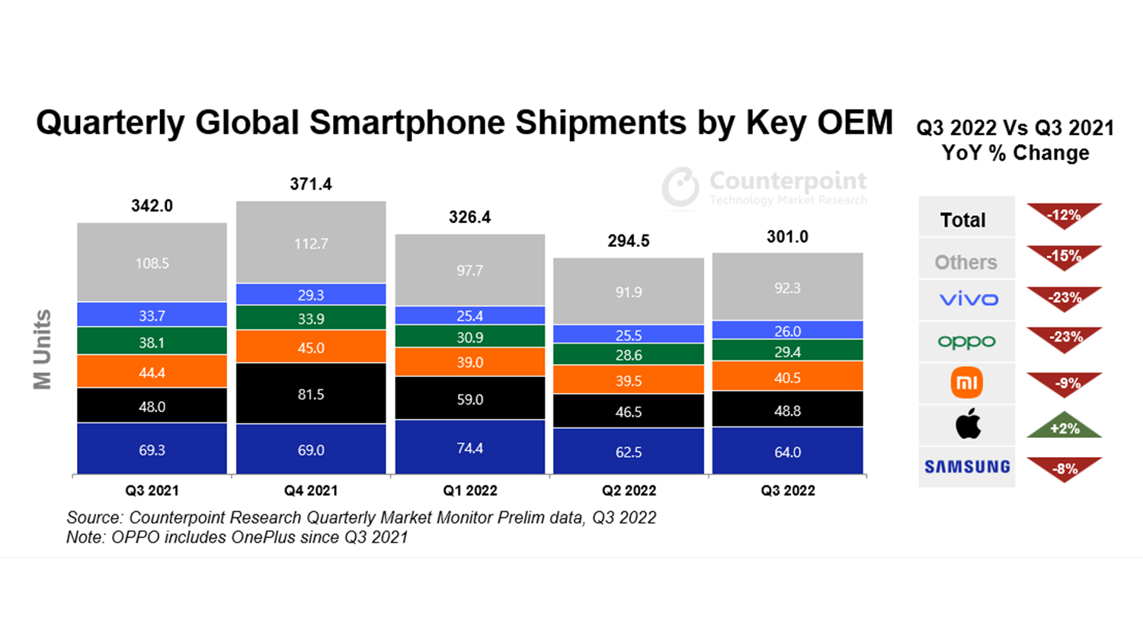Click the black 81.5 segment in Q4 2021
311,394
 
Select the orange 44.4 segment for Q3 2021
152,372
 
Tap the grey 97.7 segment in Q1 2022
469,270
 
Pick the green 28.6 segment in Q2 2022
629,354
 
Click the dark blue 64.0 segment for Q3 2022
787,451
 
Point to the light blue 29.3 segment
311,295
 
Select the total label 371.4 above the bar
311,184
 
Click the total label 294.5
629,242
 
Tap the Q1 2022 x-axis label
469,491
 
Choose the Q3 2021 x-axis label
152,491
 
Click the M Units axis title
43,350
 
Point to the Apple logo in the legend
968,424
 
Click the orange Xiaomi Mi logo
967,382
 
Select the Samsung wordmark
967,467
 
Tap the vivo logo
968,299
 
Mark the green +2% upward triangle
1065,427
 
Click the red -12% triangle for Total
1065,214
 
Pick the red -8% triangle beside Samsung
1065,468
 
